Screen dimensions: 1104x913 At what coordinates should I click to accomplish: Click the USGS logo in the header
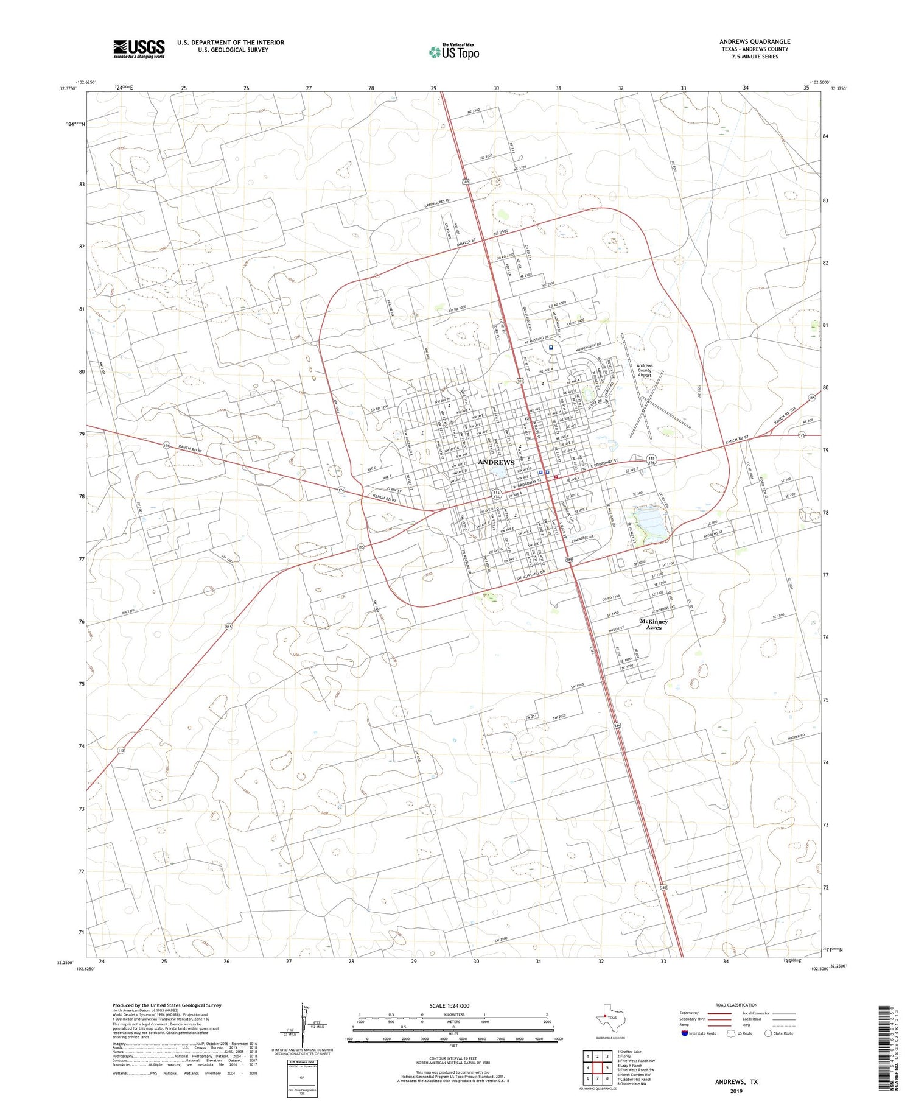pyautogui.click(x=139, y=49)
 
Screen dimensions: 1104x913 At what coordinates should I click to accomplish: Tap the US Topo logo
pyautogui.click(x=454, y=52)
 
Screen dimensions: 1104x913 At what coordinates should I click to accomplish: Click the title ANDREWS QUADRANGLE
pyautogui.click(x=755, y=41)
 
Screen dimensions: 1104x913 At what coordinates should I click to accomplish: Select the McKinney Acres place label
pyautogui.click(x=654, y=624)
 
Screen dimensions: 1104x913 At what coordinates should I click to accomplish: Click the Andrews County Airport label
pyautogui.click(x=644, y=370)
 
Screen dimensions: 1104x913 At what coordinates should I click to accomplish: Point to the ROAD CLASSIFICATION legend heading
pyautogui.click(x=736, y=1005)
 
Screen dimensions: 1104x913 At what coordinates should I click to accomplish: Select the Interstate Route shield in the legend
pyautogui.click(x=685, y=1033)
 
